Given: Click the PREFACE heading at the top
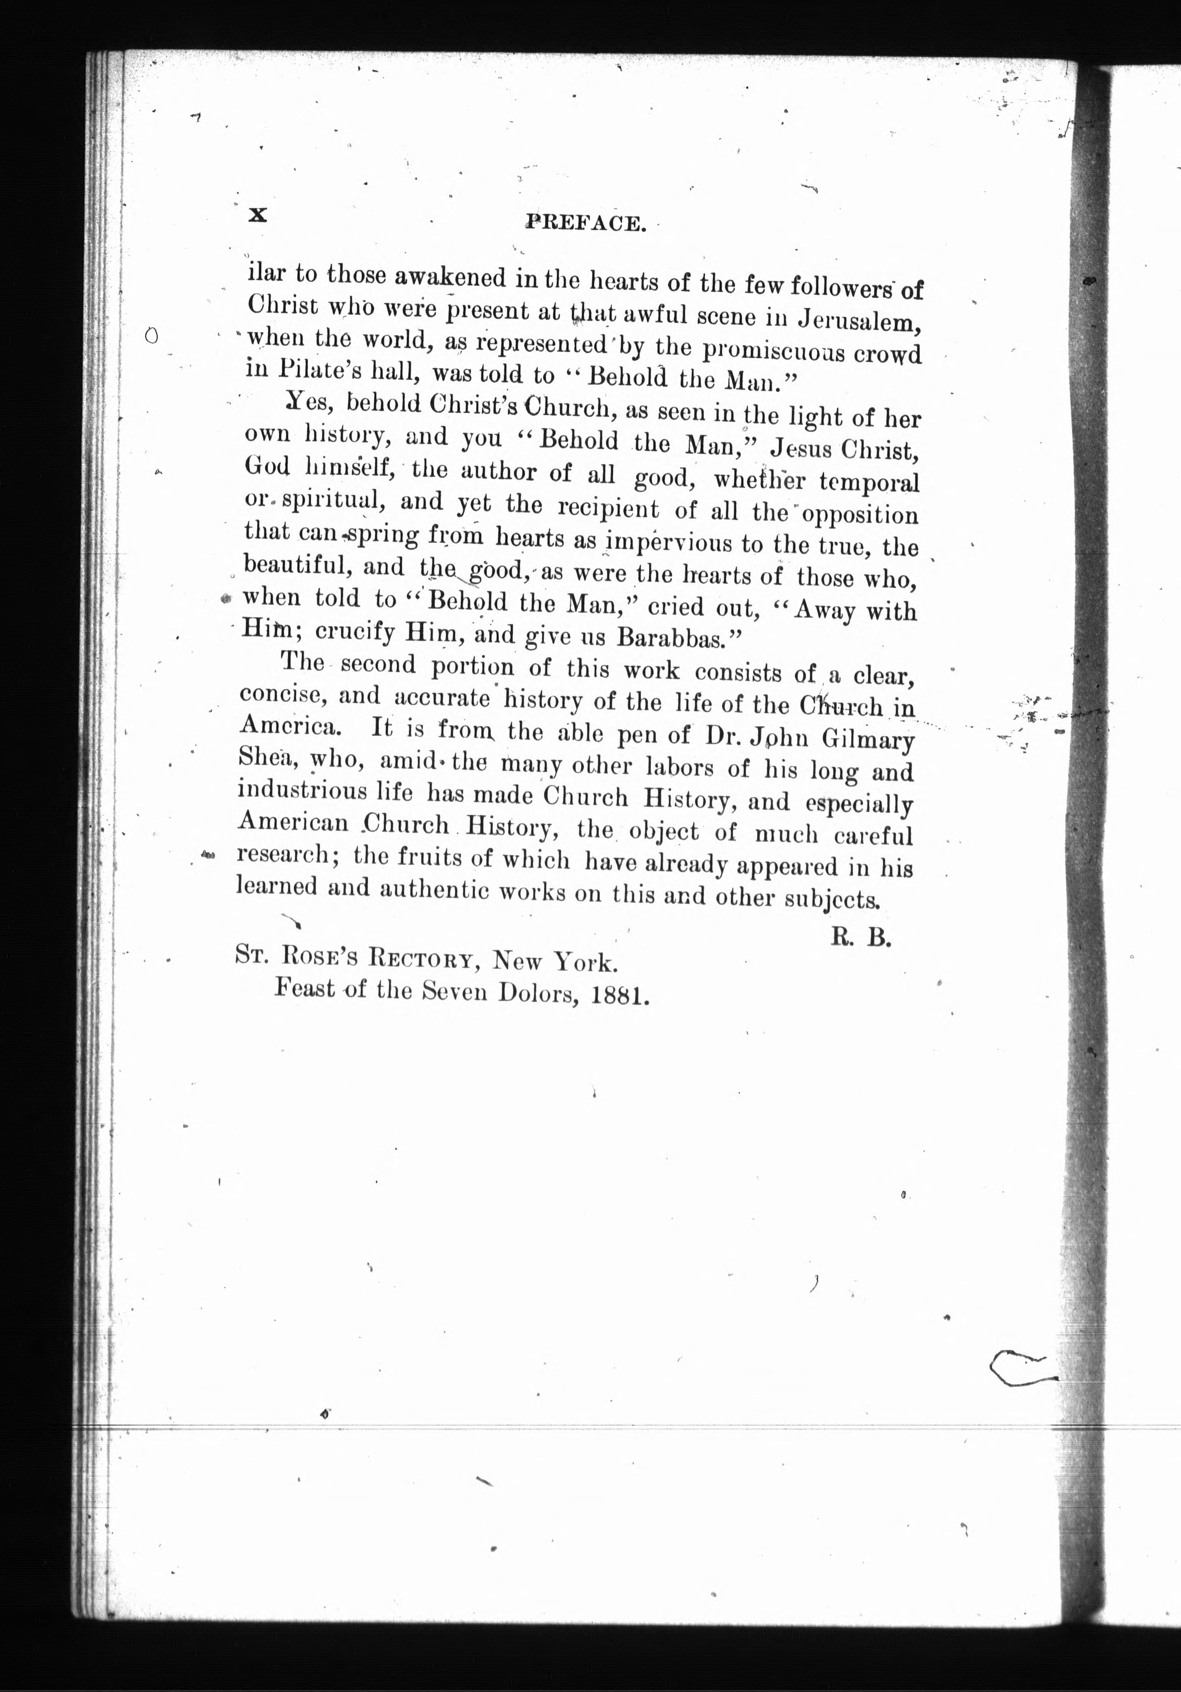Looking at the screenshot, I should click(586, 222).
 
